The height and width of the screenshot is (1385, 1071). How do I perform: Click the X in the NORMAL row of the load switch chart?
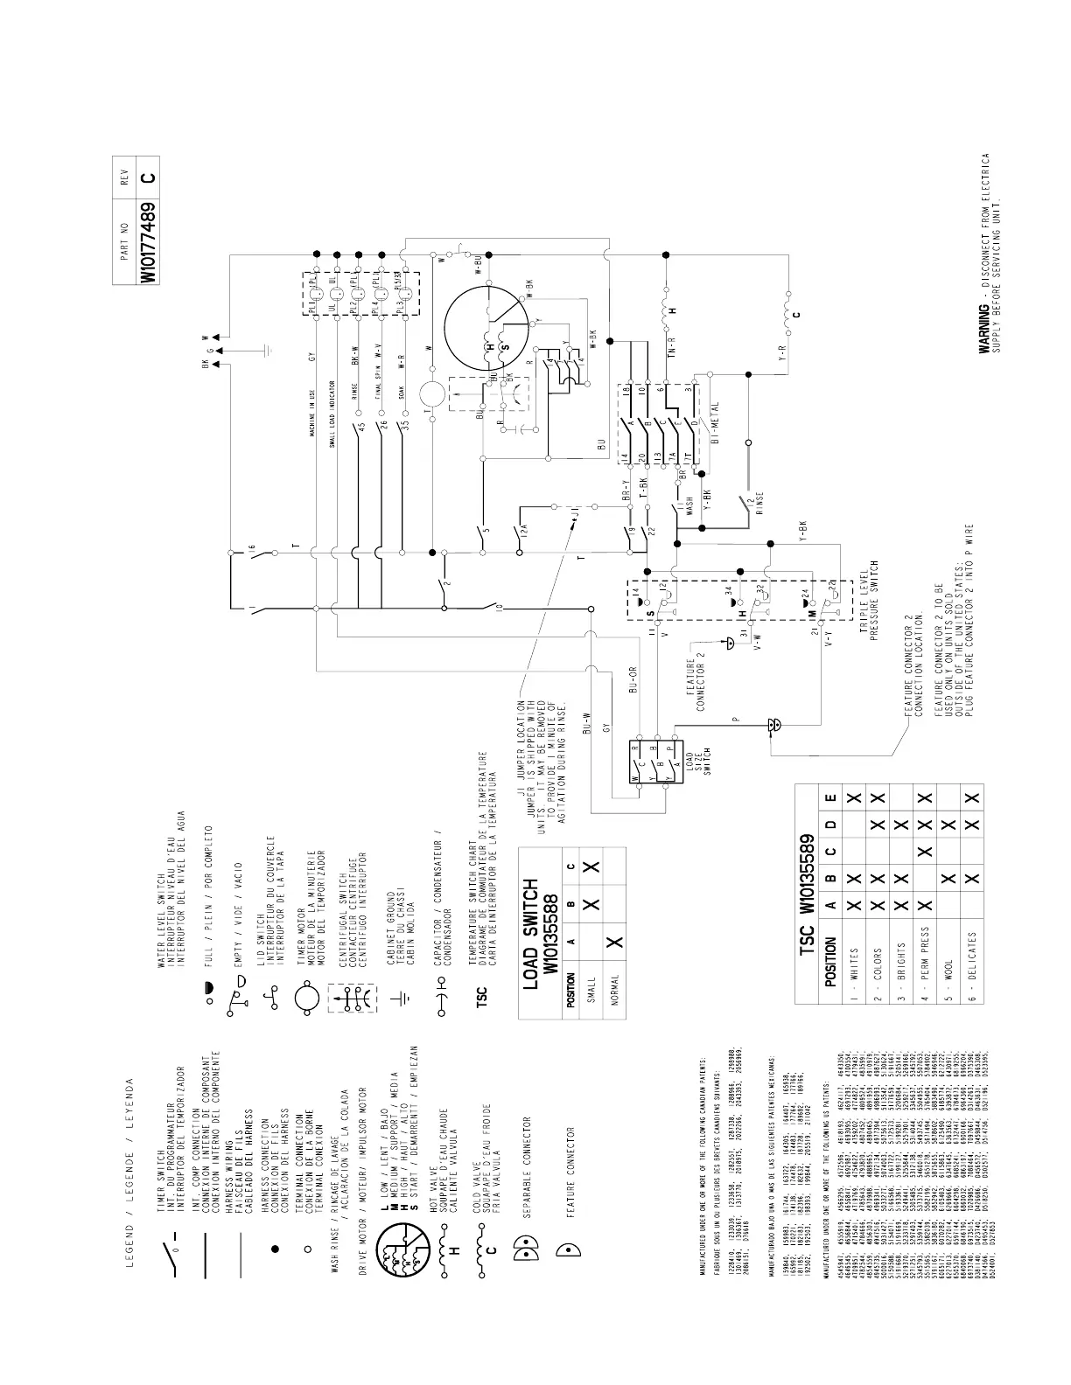[613, 942]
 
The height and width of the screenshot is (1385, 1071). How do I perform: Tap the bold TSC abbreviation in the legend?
[482, 995]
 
